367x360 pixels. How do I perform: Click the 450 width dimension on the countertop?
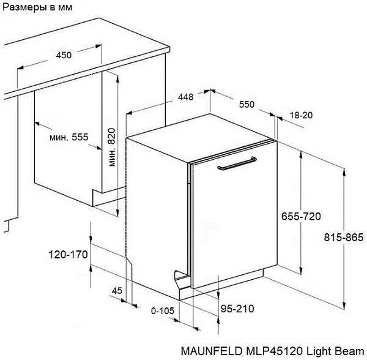click(64, 55)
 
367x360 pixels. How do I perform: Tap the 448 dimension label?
click(185, 97)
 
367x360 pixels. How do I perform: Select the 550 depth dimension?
click(247, 104)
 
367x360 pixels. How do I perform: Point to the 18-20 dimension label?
click(301, 115)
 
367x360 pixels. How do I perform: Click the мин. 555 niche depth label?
click(69, 137)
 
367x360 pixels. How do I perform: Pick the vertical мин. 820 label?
click(112, 148)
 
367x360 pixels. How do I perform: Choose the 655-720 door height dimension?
click(301, 216)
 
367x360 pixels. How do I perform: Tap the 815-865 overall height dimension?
click(344, 238)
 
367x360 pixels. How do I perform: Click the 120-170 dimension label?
click(68, 255)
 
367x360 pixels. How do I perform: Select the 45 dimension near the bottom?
click(117, 291)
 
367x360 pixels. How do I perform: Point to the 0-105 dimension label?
click(163, 311)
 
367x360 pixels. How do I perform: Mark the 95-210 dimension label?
click(237, 309)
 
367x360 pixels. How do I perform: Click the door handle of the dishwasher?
click(237, 163)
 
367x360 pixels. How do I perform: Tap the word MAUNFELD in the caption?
click(212, 351)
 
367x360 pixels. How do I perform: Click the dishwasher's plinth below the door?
click(221, 285)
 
